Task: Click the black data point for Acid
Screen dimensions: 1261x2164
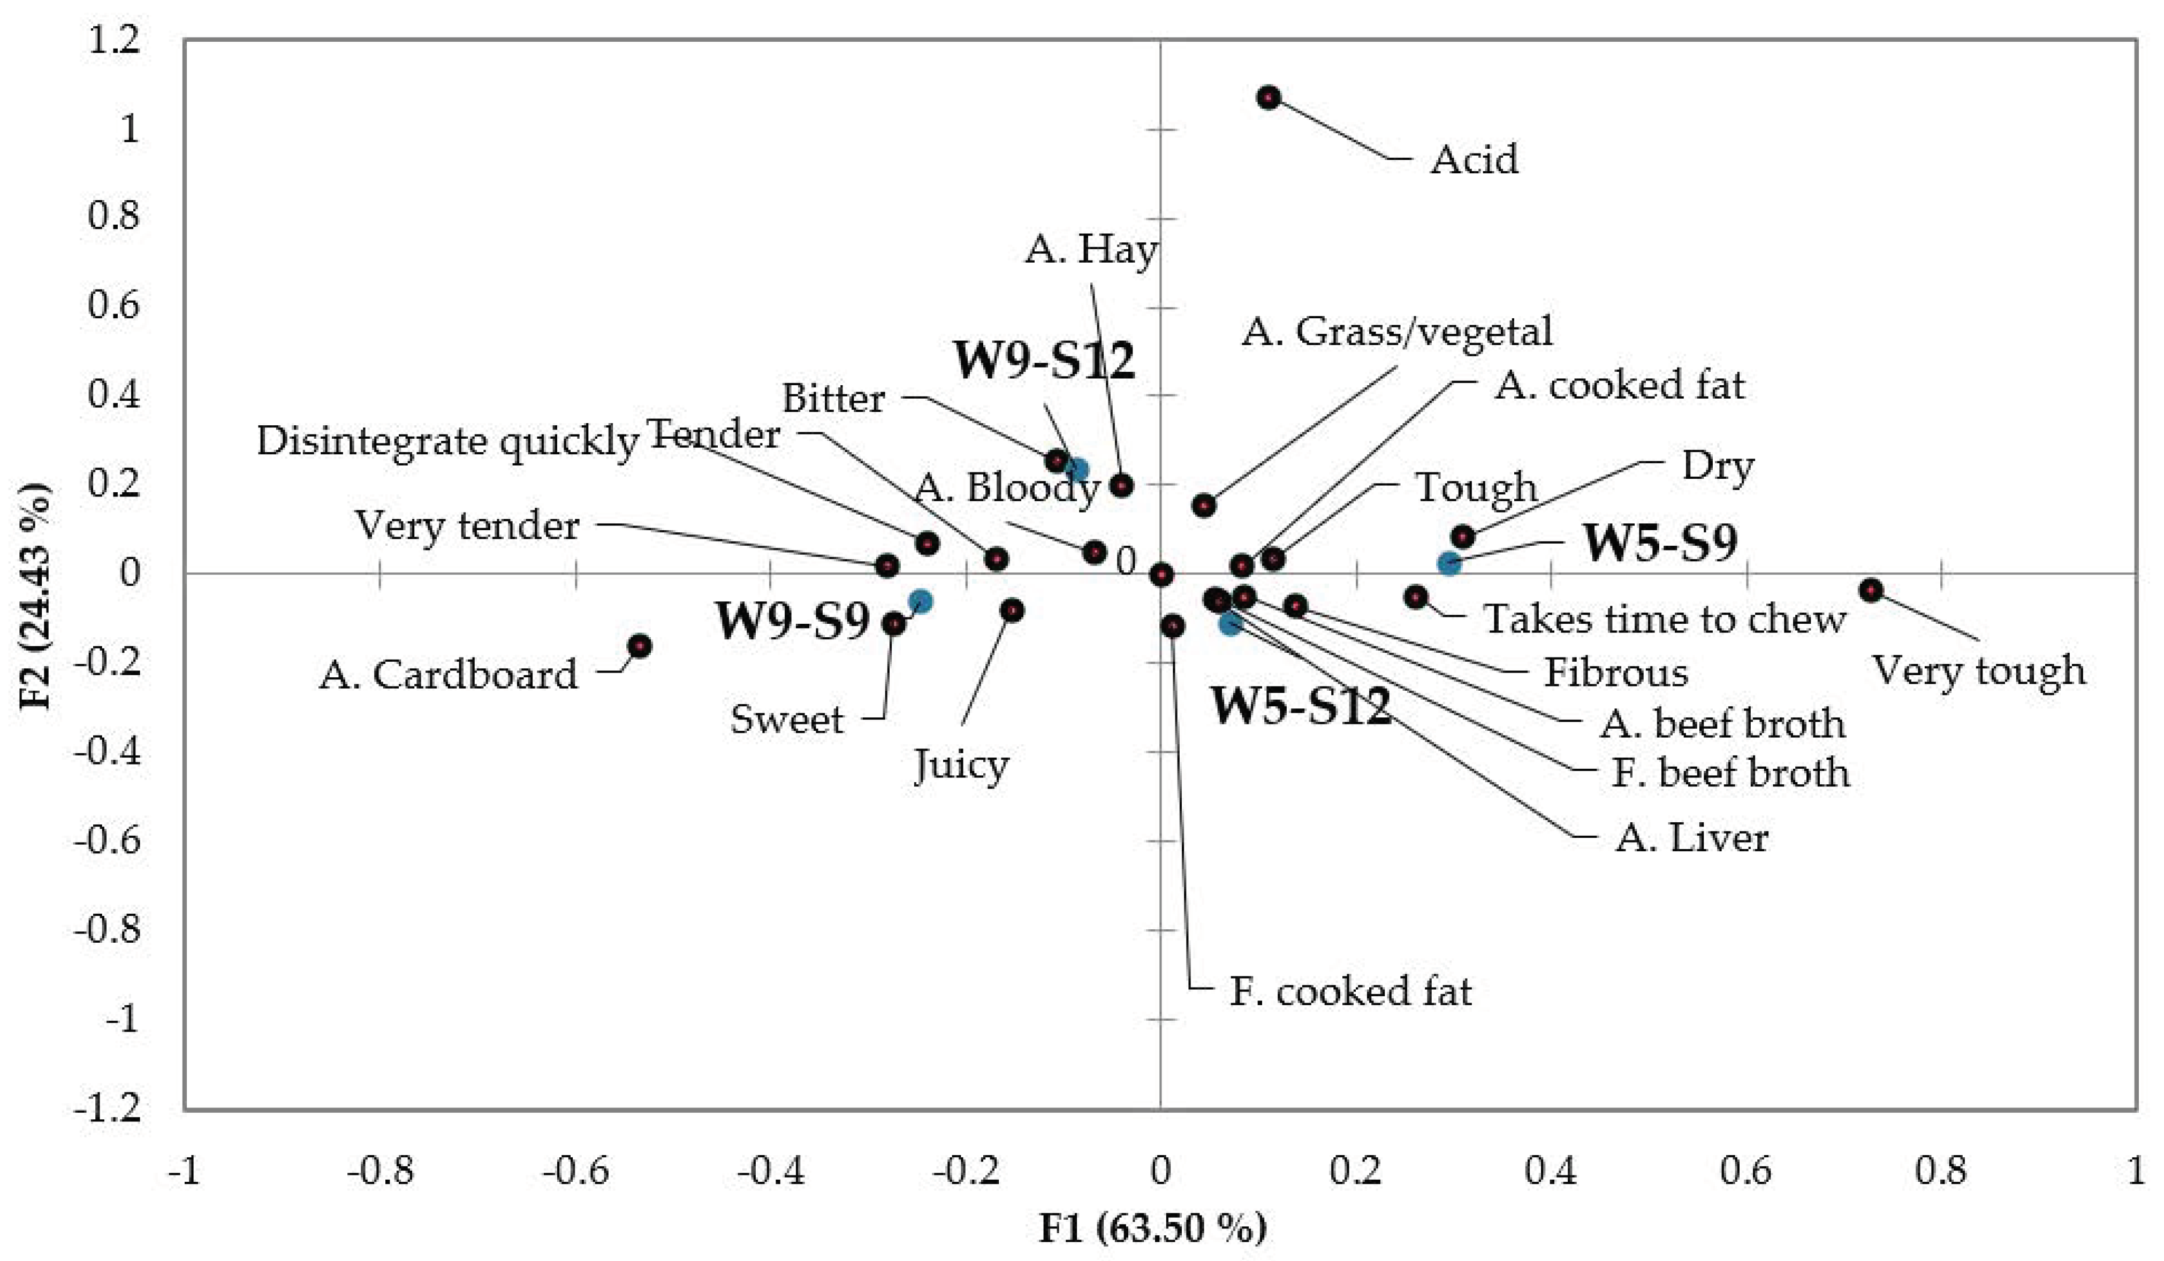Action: pos(1269,98)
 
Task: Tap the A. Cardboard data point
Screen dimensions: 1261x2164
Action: pos(639,646)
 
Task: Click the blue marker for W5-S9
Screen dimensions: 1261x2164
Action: pos(1449,563)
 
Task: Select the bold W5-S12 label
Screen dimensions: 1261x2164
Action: pos(1300,706)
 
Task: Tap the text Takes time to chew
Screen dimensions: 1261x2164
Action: pos(1664,619)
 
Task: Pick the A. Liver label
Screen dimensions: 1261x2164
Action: pos(1692,838)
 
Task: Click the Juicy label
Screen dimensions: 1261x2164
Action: pos(961,765)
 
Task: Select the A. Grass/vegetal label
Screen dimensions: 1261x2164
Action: pos(1397,331)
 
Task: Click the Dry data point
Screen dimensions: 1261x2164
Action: pos(1463,537)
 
